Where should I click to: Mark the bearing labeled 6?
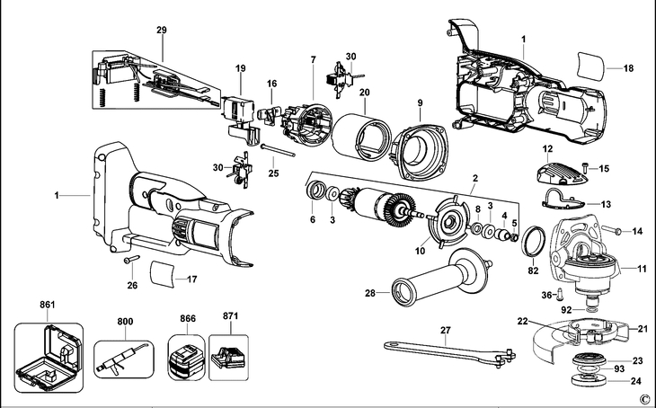point(316,193)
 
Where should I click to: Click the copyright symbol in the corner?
point(643,398)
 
